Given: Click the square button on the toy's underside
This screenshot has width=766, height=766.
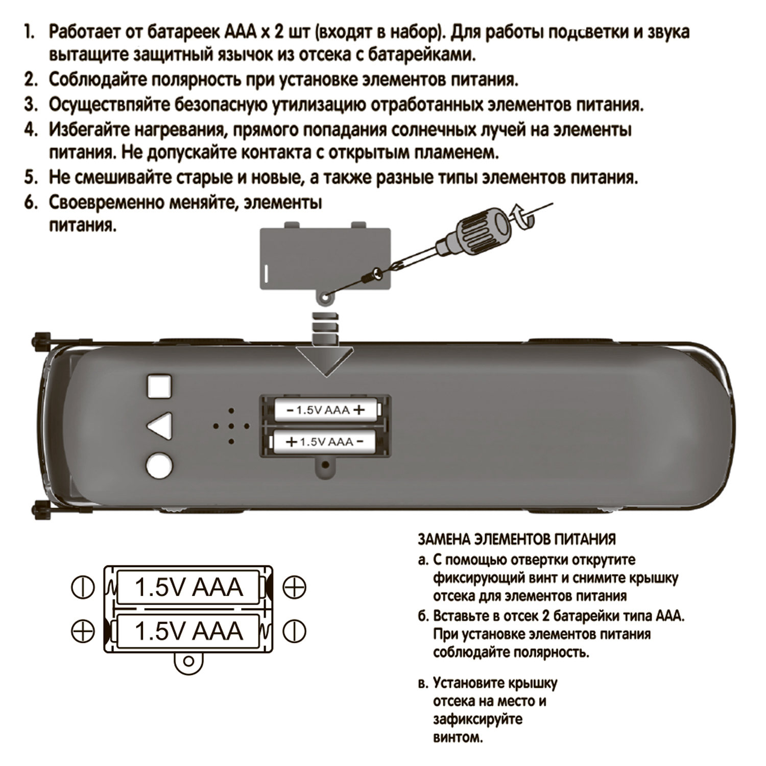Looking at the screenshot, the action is coord(160,387).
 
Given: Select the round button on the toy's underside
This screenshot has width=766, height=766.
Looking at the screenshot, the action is coord(160,466).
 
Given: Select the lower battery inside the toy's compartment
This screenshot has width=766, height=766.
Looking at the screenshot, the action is coord(324,441).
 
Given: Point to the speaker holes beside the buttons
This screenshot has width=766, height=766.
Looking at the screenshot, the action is coord(231,426).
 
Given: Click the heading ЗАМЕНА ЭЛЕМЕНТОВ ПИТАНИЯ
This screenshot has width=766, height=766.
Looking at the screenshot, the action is coord(517,539).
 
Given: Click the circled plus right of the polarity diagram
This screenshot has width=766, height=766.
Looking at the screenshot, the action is coord(294,587).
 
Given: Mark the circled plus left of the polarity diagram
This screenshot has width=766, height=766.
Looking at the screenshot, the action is coord(83,631).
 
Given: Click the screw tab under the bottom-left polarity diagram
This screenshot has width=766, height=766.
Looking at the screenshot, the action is coord(188,662).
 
